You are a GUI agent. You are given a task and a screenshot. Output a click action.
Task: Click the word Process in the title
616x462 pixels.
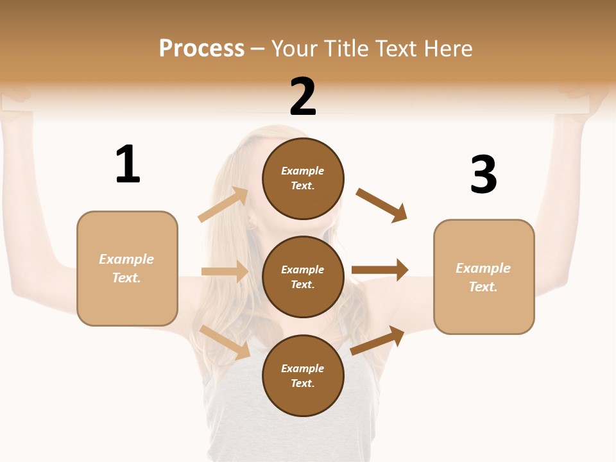(201, 49)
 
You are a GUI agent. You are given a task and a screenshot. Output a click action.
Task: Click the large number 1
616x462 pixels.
(128, 165)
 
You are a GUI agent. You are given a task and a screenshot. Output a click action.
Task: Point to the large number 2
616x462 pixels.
(303, 97)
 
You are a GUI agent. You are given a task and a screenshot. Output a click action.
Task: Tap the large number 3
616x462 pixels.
(483, 175)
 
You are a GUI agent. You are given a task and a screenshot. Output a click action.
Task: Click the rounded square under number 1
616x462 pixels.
(127, 268)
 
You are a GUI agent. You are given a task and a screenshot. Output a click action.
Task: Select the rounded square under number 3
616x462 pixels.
(484, 277)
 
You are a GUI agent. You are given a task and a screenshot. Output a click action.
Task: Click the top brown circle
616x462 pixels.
(303, 178)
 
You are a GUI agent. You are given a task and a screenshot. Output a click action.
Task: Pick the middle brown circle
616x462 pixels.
(303, 277)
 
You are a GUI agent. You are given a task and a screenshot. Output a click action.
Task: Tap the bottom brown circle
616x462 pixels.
(303, 375)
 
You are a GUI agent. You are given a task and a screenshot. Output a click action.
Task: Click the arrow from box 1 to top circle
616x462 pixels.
(223, 205)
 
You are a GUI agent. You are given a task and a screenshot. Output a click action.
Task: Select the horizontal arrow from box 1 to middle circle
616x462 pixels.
(225, 271)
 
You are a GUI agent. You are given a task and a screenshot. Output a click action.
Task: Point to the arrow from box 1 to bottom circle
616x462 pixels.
(225, 342)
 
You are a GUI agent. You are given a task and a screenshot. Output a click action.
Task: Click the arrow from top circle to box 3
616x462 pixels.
(382, 205)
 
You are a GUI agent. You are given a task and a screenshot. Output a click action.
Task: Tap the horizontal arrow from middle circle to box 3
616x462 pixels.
(380, 270)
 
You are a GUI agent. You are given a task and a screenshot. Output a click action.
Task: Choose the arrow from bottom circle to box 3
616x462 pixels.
(377, 340)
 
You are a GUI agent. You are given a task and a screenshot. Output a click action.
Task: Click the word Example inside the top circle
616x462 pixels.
(303, 171)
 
